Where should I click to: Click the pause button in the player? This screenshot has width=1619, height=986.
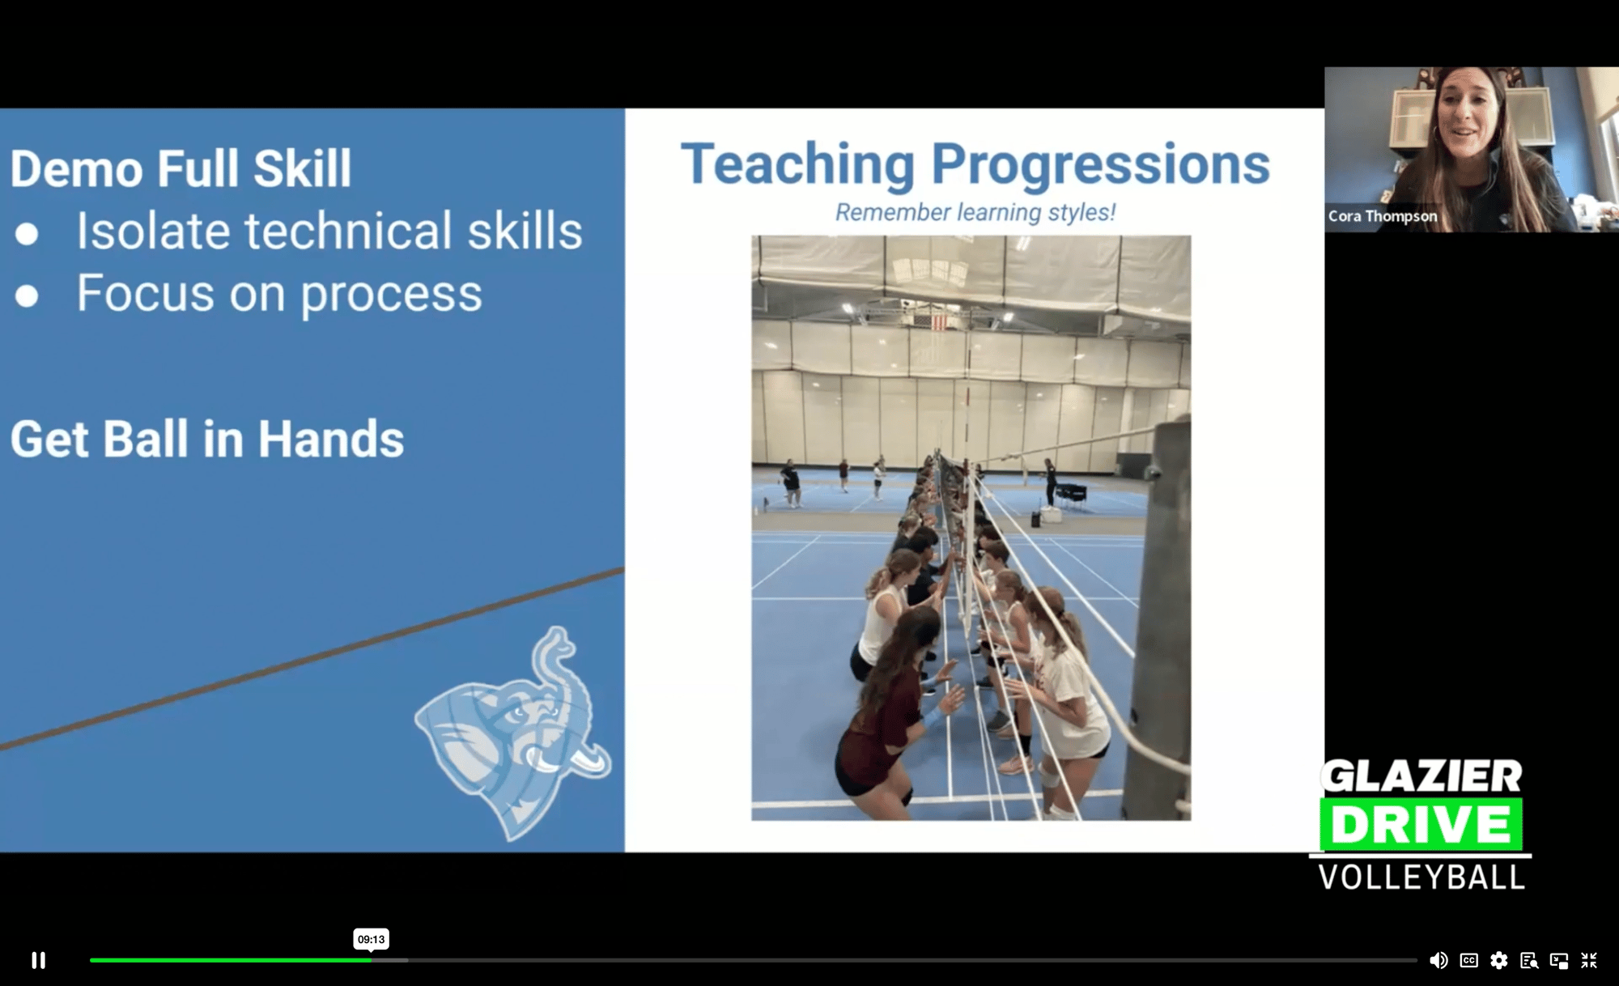(x=38, y=960)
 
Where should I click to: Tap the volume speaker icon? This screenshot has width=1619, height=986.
(x=1438, y=960)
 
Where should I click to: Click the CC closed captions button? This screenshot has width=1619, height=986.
(x=1469, y=960)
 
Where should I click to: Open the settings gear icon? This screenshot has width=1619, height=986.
(x=1499, y=960)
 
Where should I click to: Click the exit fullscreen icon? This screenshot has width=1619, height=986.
(x=1589, y=960)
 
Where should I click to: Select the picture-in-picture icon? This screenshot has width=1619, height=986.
(x=1559, y=961)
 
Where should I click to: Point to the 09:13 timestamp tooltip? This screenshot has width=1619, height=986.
(x=371, y=939)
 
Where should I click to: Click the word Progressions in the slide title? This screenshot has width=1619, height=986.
(x=1101, y=165)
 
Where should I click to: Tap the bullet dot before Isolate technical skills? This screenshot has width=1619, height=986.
(x=27, y=234)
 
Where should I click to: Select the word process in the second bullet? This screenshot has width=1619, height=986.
(x=392, y=295)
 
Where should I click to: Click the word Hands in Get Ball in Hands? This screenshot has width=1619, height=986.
(x=331, y=440)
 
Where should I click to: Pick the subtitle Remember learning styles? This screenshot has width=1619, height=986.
(x=975, y=212)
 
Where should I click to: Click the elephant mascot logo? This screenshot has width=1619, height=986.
(x=515, y=733)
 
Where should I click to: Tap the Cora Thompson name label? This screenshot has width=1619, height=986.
(x=1383, y=216)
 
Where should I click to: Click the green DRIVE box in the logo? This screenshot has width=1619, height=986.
(x=1421, y=824)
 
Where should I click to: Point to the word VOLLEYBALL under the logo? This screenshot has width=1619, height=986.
(x=1421, y=878)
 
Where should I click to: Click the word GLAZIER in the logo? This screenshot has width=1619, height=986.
(x=1422, y=777)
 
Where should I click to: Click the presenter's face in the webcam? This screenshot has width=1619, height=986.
(x=1468, y=113)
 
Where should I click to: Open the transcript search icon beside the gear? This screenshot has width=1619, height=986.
(x=1529, y=961)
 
